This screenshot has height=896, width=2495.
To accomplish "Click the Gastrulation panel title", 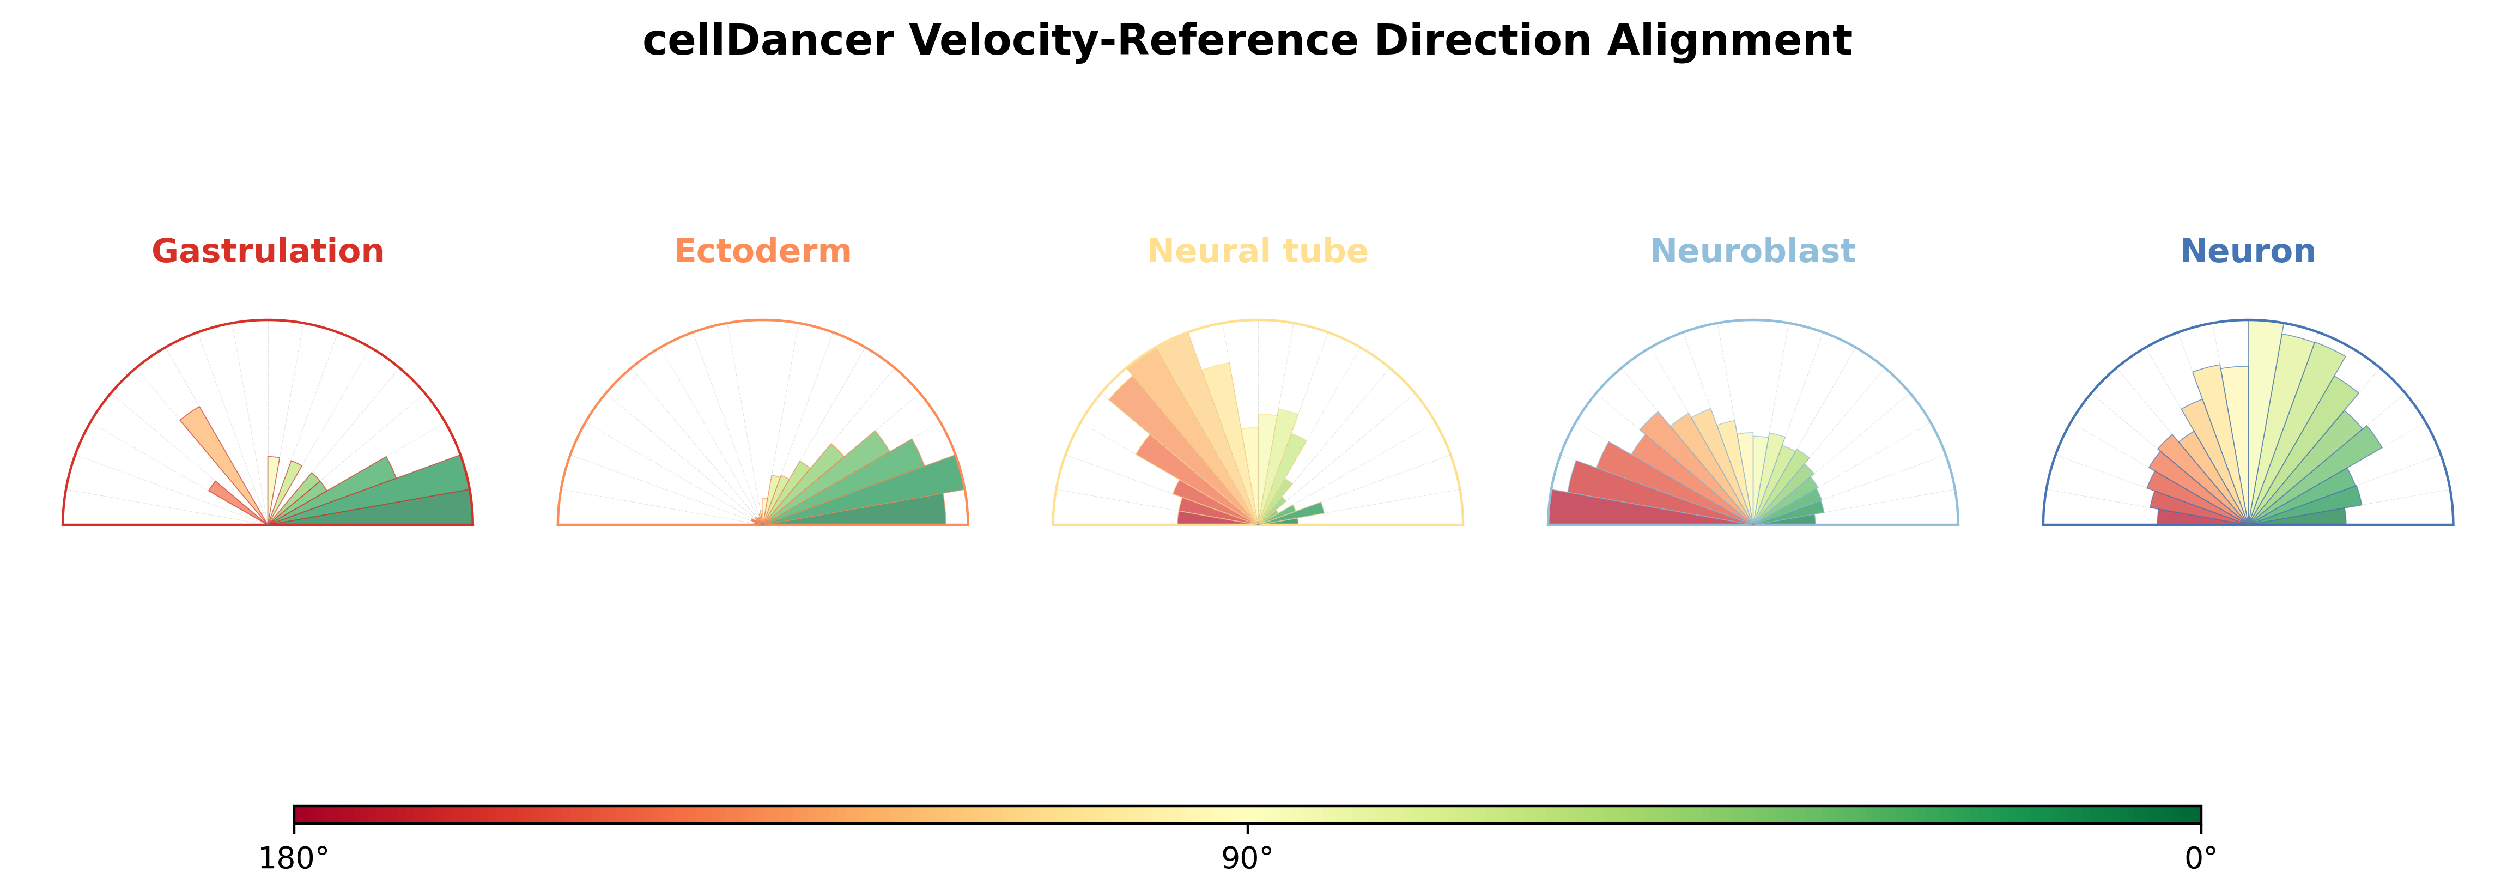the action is click(268, 251).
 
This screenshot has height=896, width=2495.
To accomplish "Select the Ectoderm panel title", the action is click(763, 251).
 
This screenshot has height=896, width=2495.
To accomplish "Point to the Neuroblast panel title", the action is click(1753, 251).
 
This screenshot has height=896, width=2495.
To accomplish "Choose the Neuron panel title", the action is click(2248, 251).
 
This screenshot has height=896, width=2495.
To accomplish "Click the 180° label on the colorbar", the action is click(294, 858).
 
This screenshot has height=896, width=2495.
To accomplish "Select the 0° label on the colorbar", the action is click(2201, 858).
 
